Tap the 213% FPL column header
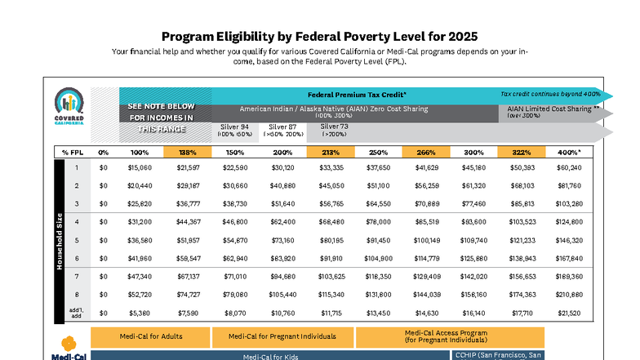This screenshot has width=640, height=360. pos(330,152)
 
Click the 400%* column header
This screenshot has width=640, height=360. pos(569,152)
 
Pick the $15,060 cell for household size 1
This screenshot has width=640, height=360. pos(140,167)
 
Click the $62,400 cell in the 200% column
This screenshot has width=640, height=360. pos(282,221)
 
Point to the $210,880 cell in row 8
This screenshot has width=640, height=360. pos(569,294)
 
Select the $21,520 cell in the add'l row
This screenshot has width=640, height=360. pos(569,312)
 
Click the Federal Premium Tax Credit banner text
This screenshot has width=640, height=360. pos(357,94)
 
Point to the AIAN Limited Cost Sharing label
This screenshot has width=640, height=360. pos(553,109)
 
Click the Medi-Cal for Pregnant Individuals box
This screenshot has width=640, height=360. pos(282,336)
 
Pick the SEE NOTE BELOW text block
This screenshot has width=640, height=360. pos(161,117)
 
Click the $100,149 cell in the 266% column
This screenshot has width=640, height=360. pos(426,240)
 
